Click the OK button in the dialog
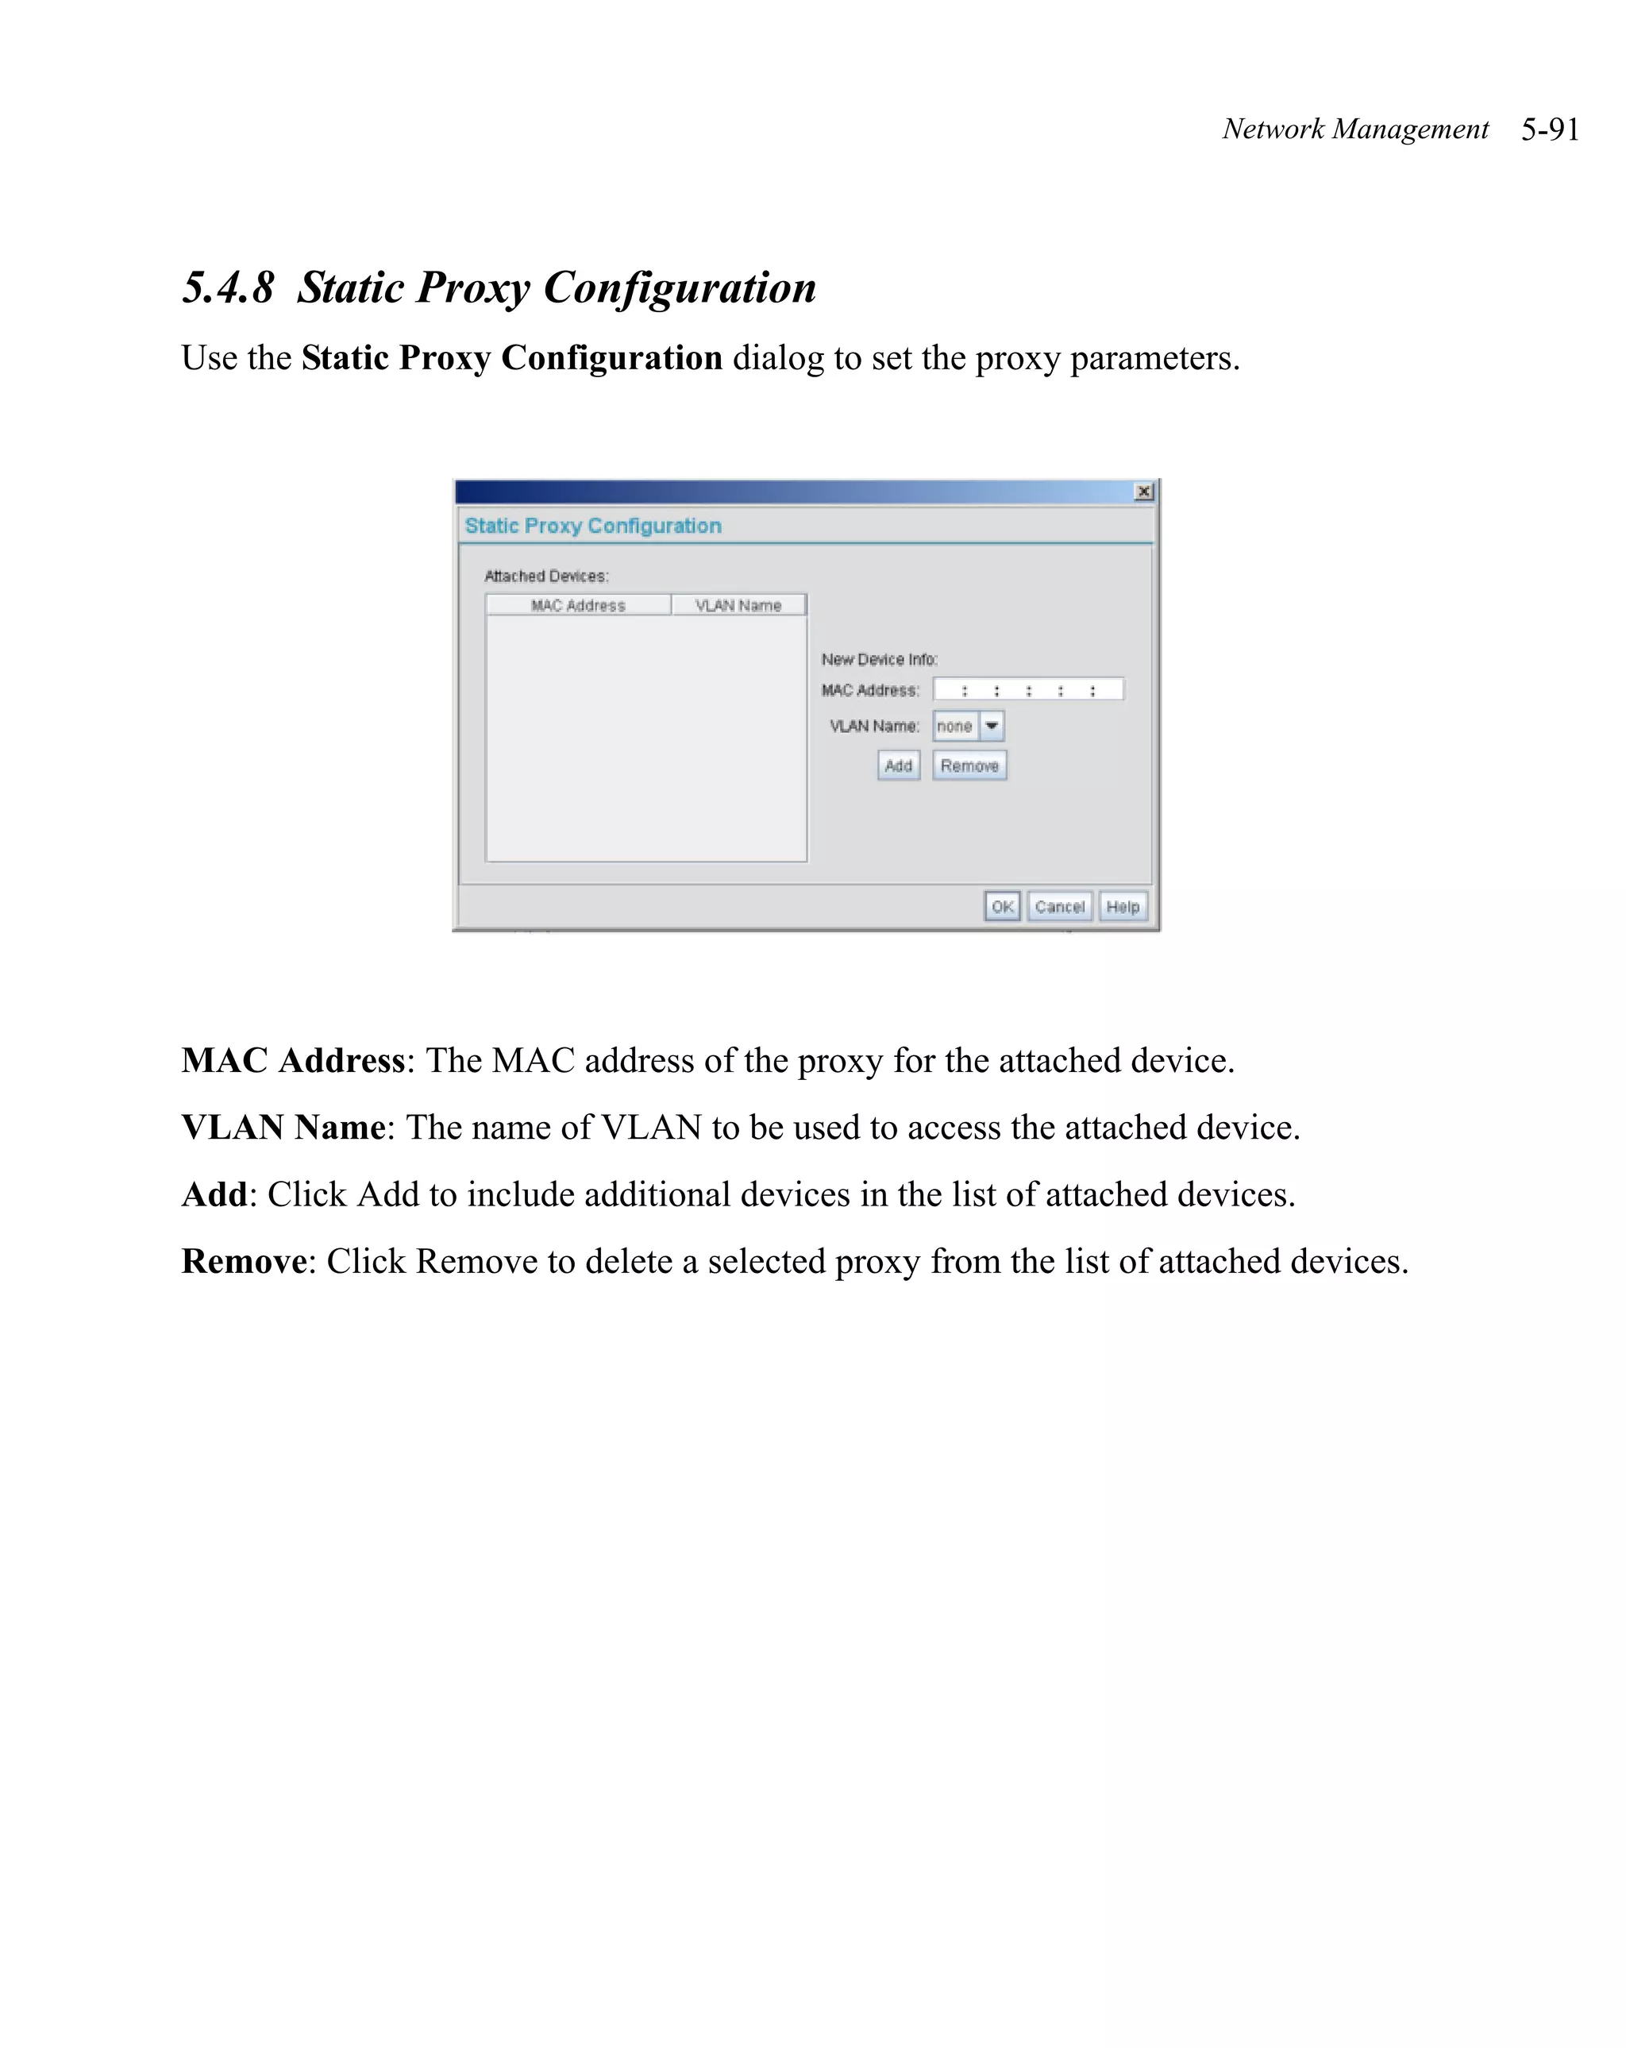coord(1001,906)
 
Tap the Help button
coord(1122,906)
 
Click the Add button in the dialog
coord(897,766)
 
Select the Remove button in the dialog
coord(969,766)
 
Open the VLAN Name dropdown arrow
coord(992,726)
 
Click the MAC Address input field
coord(1027,689)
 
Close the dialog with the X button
coord(1143,491)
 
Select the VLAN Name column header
coord(738,605)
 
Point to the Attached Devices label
coord(546,576)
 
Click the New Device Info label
coord(879,659)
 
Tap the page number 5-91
coord(1549,129)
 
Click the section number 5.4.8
coord(228,287)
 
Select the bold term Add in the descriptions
coord(214,1194)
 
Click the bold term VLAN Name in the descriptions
coord(283,1128)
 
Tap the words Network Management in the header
coord(1354,129)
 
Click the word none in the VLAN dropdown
coord(954,727)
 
